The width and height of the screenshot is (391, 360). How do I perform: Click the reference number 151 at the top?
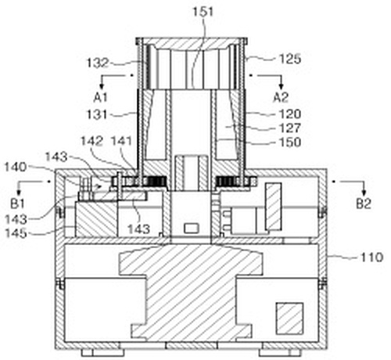[203, 12]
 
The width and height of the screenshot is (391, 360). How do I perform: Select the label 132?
[97, 63]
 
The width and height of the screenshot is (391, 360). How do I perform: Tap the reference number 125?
[290, 59]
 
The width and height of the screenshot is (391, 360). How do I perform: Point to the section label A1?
[101, 98]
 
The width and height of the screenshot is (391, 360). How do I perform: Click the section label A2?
[281, 98]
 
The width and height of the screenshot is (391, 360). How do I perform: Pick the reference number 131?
[97, 114]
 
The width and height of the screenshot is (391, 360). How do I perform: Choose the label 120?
[290, 114]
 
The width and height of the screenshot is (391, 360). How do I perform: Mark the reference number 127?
[290, 128]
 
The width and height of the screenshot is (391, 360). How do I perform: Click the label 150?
[290, 142]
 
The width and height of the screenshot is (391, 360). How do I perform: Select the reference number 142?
[91, 141]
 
